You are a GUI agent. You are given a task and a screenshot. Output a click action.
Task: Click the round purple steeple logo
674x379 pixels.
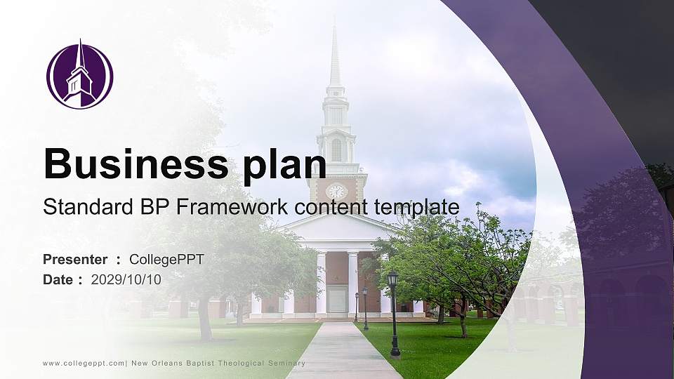[79, 76]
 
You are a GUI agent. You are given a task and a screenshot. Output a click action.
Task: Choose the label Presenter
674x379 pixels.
[75, 260]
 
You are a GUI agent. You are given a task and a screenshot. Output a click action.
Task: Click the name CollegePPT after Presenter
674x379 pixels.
[166, 260]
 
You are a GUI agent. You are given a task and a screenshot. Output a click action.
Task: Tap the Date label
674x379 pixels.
[58, 279]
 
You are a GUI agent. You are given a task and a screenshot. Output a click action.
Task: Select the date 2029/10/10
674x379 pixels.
[126, 279]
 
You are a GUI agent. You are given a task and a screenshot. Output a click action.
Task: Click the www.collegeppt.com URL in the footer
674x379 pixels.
[83, 363]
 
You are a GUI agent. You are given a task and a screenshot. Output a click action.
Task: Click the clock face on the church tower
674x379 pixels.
[336, 191]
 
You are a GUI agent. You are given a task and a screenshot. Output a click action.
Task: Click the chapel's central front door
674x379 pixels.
[338, 300]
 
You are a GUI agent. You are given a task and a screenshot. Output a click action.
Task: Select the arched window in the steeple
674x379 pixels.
[336, 149]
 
